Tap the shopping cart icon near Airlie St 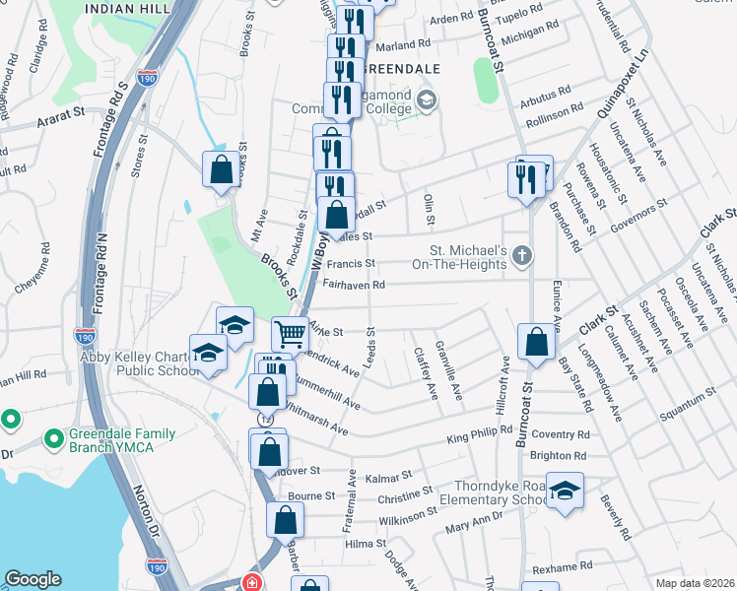[x=290, y=334]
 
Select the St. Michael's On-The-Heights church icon [x=522, y=258]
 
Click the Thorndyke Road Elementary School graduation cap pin [x=566, y=491]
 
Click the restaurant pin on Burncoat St [x=523, y=177]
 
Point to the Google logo [x=33, y=579]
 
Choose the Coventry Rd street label [x=560, y=435]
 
